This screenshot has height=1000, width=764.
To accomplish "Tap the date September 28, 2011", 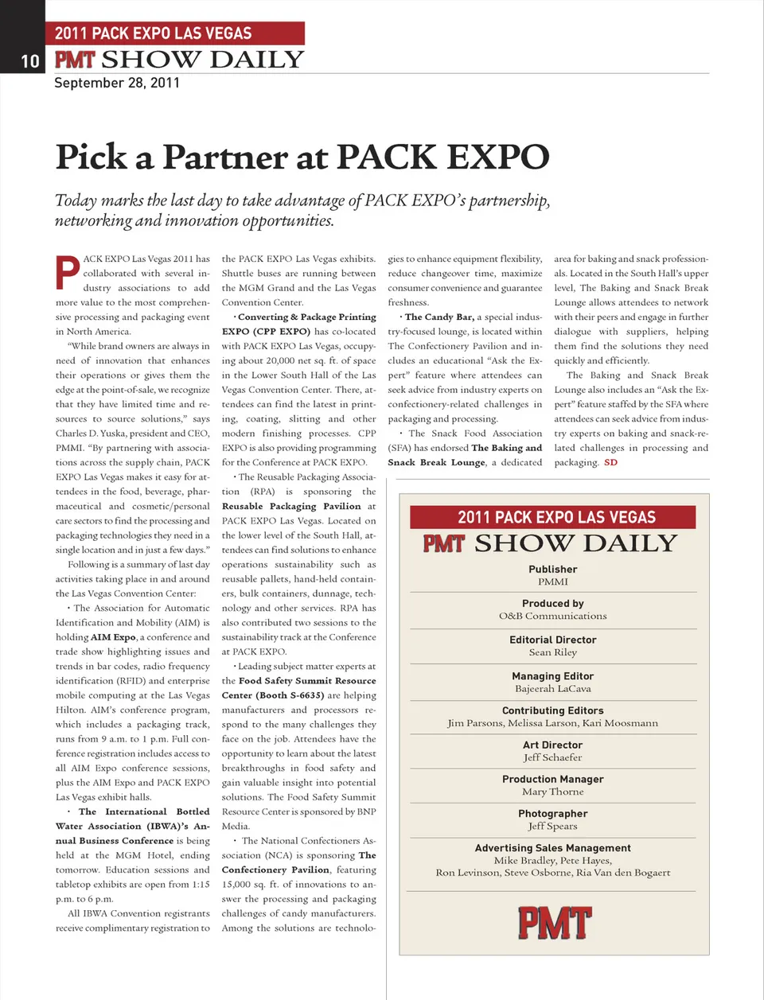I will (117, 83).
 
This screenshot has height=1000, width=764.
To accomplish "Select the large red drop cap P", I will (68, 271).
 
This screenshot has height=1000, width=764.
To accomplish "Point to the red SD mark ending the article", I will (610, 462).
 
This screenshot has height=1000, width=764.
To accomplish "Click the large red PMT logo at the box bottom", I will (554, 924).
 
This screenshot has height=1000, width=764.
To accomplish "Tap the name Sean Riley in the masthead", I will (553, 652).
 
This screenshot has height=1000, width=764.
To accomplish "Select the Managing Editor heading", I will (553, 676).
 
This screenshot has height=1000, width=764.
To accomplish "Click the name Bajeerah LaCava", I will (553, 689).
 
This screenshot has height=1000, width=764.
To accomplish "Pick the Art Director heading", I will (553, 745).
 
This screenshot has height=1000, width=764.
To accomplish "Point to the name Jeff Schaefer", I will (553, 757).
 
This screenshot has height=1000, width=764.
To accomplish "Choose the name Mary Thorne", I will (553, 792).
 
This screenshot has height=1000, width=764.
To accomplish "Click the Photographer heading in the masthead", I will (553, 814).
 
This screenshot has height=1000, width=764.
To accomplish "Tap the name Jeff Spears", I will (553, 826).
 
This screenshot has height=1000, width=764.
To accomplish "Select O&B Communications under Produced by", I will (553, 616).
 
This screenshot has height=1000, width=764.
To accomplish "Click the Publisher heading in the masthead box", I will (553, 570).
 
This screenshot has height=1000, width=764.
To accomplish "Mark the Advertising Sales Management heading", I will (553, 848).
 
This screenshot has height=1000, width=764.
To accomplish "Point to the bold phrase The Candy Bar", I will (439, 317).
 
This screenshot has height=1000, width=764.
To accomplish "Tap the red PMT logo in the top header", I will (75, 60).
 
